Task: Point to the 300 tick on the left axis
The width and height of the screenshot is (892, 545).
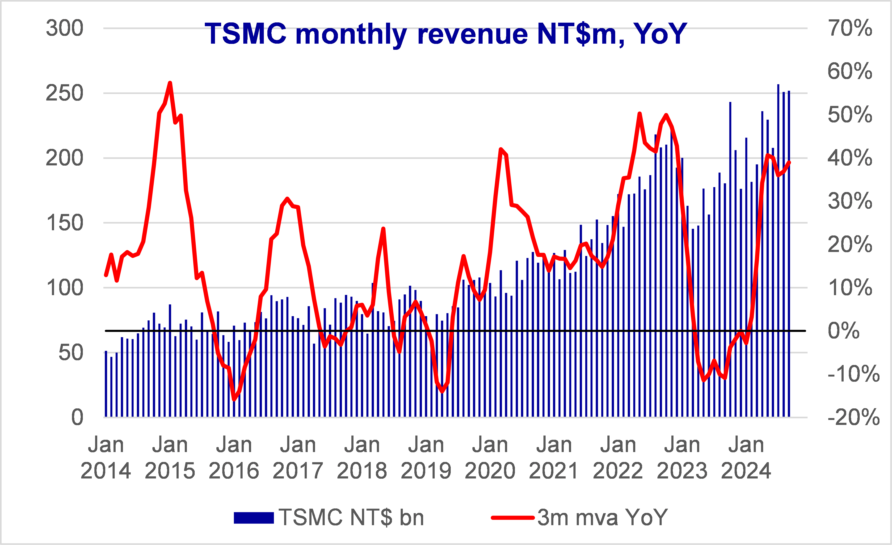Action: coord(64,28)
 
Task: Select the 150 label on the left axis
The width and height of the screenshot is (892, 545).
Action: coord(64,223)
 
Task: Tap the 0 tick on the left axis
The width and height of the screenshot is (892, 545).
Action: coord(77,417)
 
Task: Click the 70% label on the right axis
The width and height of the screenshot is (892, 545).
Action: coord(850,28)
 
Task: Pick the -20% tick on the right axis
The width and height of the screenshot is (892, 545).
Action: coord(853,417)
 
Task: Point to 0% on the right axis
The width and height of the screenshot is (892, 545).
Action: coord(843,331)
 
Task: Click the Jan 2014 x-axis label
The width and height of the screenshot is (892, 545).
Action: coord(106,458)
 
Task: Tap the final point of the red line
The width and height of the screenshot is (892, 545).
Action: coord(789,162)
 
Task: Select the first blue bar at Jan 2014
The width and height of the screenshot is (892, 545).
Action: coord(106,384)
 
